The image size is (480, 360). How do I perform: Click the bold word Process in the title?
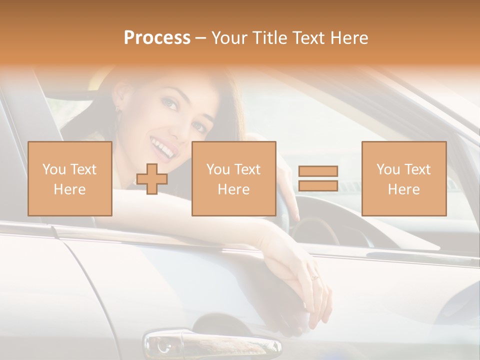point(157,38)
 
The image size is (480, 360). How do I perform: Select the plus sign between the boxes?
point(152,179)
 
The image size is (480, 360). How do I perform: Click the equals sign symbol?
point(318,178)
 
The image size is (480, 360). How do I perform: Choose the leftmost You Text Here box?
point(69,178)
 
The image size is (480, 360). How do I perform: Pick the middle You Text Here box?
point(233,178)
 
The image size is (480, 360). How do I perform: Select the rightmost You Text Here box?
point(403,178)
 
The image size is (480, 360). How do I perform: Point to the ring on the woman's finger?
point(314,276)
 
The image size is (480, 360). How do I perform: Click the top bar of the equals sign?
point(318,171)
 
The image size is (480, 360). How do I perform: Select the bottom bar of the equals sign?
point(318,185)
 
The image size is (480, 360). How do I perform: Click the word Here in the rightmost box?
point(403,189)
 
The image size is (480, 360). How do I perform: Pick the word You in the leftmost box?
point(53,169)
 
